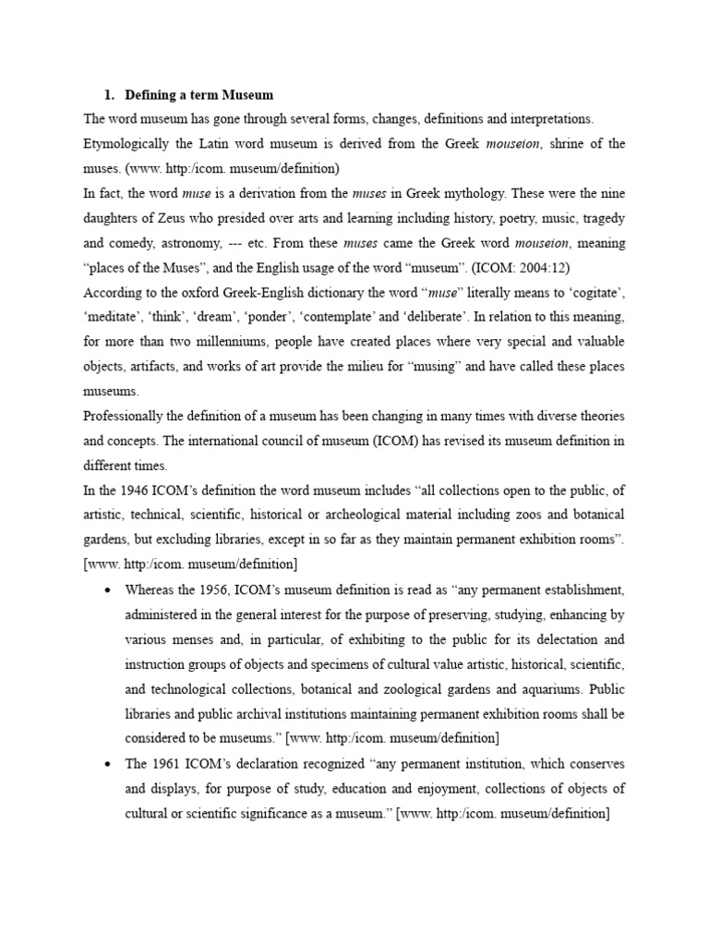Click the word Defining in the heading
click(x=152, y=95)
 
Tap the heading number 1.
click(x=106, y=95)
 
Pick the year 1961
click(x=167, y=764)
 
